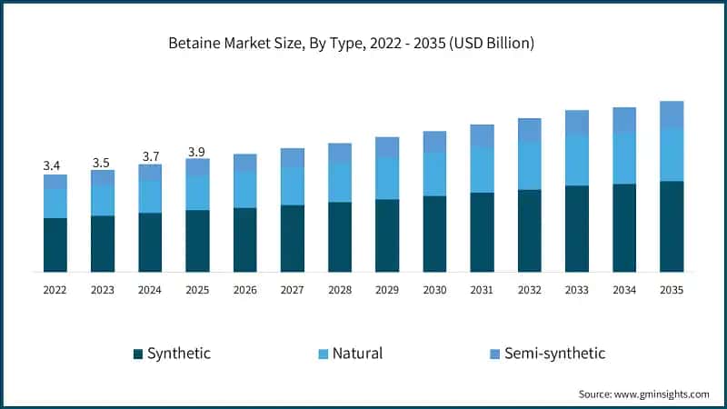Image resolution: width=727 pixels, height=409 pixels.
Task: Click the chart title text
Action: [363, 43]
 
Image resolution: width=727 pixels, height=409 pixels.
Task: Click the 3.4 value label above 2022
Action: [52, 165]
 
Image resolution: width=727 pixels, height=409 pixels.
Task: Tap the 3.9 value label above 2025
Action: [197, 150]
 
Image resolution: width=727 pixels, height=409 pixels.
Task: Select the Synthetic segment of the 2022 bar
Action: [55, 244]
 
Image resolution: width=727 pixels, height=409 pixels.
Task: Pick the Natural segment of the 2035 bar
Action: [672, 155]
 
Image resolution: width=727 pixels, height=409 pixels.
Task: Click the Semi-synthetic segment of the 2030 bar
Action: [434, 141]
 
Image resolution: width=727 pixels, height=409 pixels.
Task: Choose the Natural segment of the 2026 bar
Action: [245, 189]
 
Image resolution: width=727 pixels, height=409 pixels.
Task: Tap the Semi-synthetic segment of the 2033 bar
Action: [577, 122]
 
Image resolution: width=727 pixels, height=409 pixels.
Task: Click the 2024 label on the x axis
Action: [150, 289]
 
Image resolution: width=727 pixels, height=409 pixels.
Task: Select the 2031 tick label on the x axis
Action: [482, 289]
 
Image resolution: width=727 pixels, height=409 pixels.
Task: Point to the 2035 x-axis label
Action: [672, 289]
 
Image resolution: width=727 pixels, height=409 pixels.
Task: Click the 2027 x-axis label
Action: [293, 289]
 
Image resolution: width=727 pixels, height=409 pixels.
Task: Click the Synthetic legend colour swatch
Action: [137, 354]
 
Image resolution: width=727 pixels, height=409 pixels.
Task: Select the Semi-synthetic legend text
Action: [554, 354]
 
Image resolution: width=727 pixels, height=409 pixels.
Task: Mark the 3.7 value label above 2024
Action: [150, 156]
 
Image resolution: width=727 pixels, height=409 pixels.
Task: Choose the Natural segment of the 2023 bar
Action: [103, 200]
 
